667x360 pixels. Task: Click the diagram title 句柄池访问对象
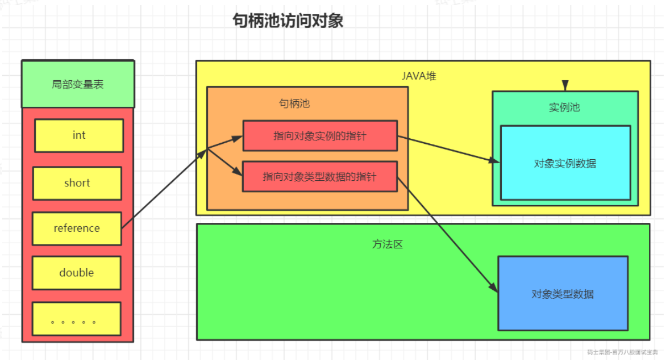pyautogui.click(x=288, y=21)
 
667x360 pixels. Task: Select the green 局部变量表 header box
pyautogui.click(x=78, y=84)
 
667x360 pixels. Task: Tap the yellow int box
pyautogui.click(x=79, y=135)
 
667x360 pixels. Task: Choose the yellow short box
pyautogui.click(x=77, y=183)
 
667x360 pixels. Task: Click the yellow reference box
pyautogui.click(x=77, y=228)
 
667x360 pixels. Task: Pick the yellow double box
pyautogui.click(x=77, y=273)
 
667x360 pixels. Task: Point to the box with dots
pyautogui.click(x=76, y=319)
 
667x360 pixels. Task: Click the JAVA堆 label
pyautogui.click(x=418, y=76)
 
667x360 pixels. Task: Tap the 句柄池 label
pyautogui.click(x=294, y=103)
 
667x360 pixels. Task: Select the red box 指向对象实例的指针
pyautogui.click(x=320, y=135)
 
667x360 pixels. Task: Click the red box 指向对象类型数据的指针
pyautogui.click(x=320, y=177)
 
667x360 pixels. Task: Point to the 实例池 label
pyautogui.click(x=564, y=107)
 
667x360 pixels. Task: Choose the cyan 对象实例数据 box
pyautogui.click(x=565, y=163)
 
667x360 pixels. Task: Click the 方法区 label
pyautogui.click(x=387, y=244)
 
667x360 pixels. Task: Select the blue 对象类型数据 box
pyautogui.click(x=563, y=294)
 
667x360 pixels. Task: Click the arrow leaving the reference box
pyautogui.click(x=163, y=188)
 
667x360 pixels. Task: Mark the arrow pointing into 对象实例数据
pyautogui.click(x=448, y=149)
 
